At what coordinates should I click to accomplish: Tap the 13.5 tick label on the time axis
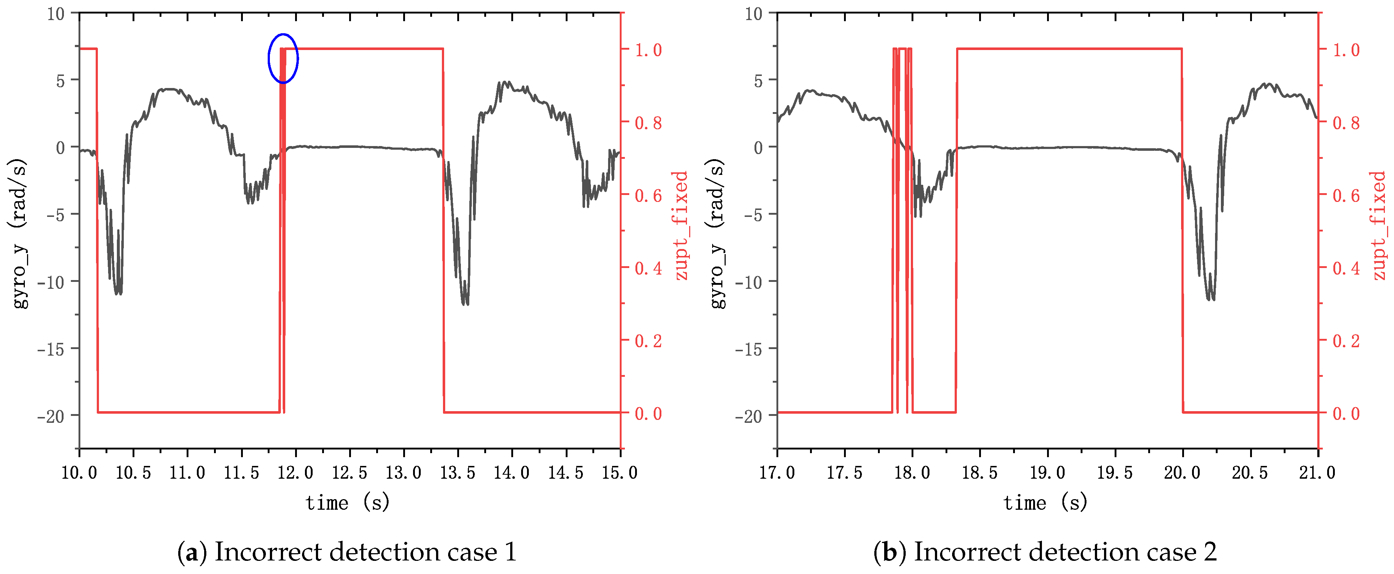458,473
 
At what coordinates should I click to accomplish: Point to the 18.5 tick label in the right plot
979,473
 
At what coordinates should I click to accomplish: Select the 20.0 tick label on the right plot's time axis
1183,473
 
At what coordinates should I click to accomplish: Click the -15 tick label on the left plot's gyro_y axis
51,349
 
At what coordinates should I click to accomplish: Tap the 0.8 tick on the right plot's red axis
1346,123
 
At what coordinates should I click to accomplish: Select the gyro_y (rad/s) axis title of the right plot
717,234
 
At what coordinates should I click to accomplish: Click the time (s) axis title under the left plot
347,503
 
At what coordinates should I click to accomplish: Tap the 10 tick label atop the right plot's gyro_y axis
753,14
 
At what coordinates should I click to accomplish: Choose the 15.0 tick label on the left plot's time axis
620,473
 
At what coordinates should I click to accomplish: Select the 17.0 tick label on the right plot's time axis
777,473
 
